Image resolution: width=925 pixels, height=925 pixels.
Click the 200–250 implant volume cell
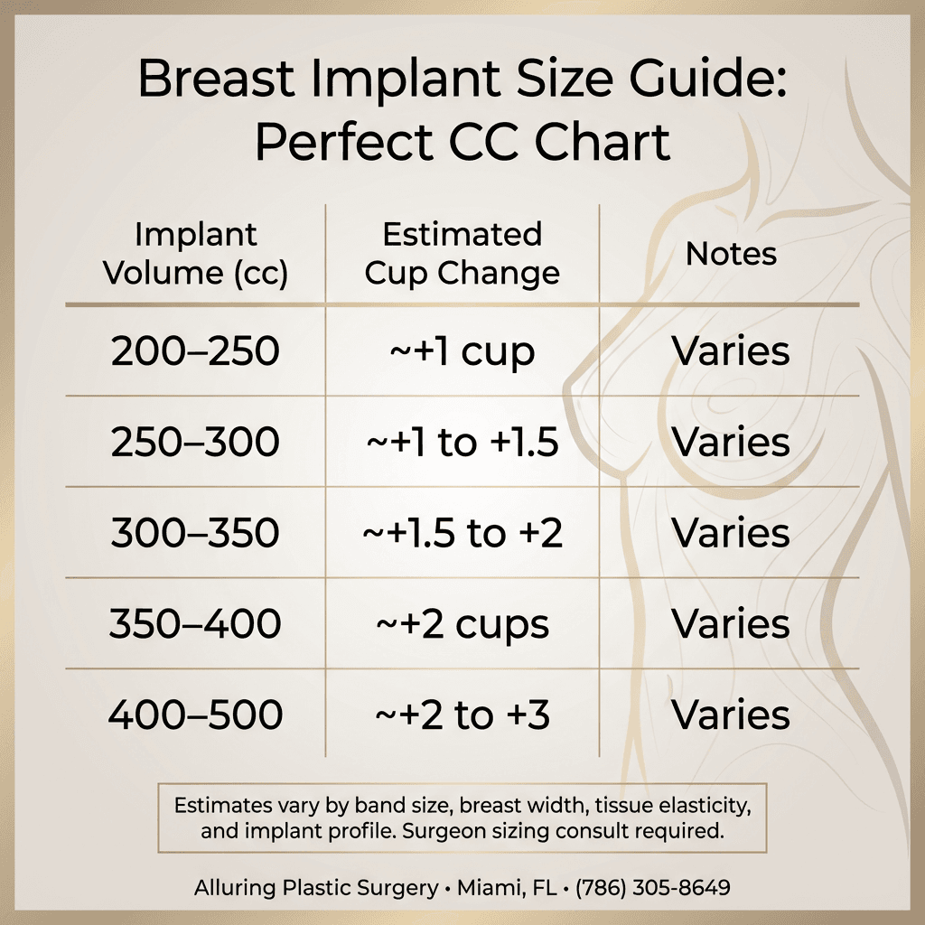point(195,351)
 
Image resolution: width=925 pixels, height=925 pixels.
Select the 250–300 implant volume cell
point(195,443)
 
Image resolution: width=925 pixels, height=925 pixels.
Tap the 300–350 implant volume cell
point(195,534)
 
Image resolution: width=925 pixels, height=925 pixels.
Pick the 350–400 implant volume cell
point(195,625)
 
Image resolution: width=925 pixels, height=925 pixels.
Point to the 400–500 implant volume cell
point(195,716)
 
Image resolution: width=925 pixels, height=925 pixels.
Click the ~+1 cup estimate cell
point(462,351)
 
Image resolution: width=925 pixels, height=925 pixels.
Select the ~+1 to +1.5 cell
point(462,443)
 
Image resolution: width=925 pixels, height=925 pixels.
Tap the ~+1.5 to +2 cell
point(462,534)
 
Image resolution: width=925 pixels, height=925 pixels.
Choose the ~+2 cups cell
point(462,625)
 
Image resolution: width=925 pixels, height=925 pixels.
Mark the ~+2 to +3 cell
point(462,716)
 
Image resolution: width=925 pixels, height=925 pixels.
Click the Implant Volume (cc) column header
point(195,254)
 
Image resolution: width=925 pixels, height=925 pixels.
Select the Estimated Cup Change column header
point(462,254)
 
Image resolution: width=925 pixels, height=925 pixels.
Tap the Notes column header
point(731,254)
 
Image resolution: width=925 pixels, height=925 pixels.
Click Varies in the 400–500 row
point(731,716)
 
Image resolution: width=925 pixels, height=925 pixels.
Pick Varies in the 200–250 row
point(731,351)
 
